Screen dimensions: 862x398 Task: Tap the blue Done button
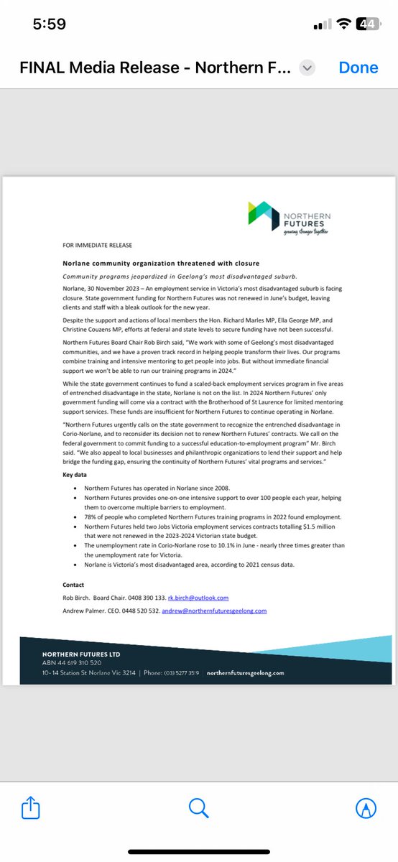pos(358,68)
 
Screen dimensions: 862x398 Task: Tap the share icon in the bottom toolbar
pos(30,809)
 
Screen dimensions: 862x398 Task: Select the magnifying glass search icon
pos(198,809)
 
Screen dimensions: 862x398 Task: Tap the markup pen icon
pos(366,809)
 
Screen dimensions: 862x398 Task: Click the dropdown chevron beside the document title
pos(307,68)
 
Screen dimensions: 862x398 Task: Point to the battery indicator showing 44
pos(368,24)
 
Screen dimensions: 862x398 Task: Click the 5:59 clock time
pos(50,24)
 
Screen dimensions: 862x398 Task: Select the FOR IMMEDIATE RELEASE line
pos(97,246)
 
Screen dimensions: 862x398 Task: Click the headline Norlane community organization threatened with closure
pos(161,263)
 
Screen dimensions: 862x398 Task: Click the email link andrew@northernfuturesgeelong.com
pos(213,611)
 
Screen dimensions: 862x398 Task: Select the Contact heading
pos(74,585)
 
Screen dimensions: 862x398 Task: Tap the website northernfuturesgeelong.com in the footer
pos(245,673)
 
